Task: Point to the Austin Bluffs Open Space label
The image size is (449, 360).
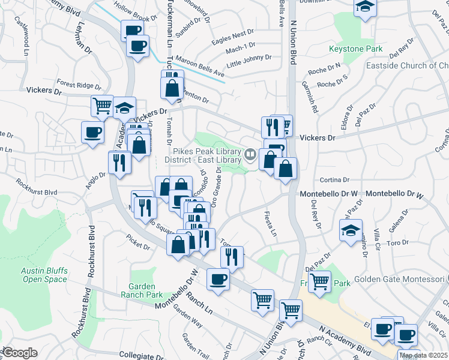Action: [44, 275]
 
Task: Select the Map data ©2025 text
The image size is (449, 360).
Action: [423, 355]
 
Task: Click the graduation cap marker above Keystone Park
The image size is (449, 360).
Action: [364, 8]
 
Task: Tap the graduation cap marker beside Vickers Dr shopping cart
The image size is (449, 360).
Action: [125, 109]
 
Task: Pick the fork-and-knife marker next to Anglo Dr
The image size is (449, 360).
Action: [119, 162]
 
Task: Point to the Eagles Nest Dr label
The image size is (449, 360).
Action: [234, 37]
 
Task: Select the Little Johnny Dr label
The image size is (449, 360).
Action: [249, 61]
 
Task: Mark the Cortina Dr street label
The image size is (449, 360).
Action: [334, 179]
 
